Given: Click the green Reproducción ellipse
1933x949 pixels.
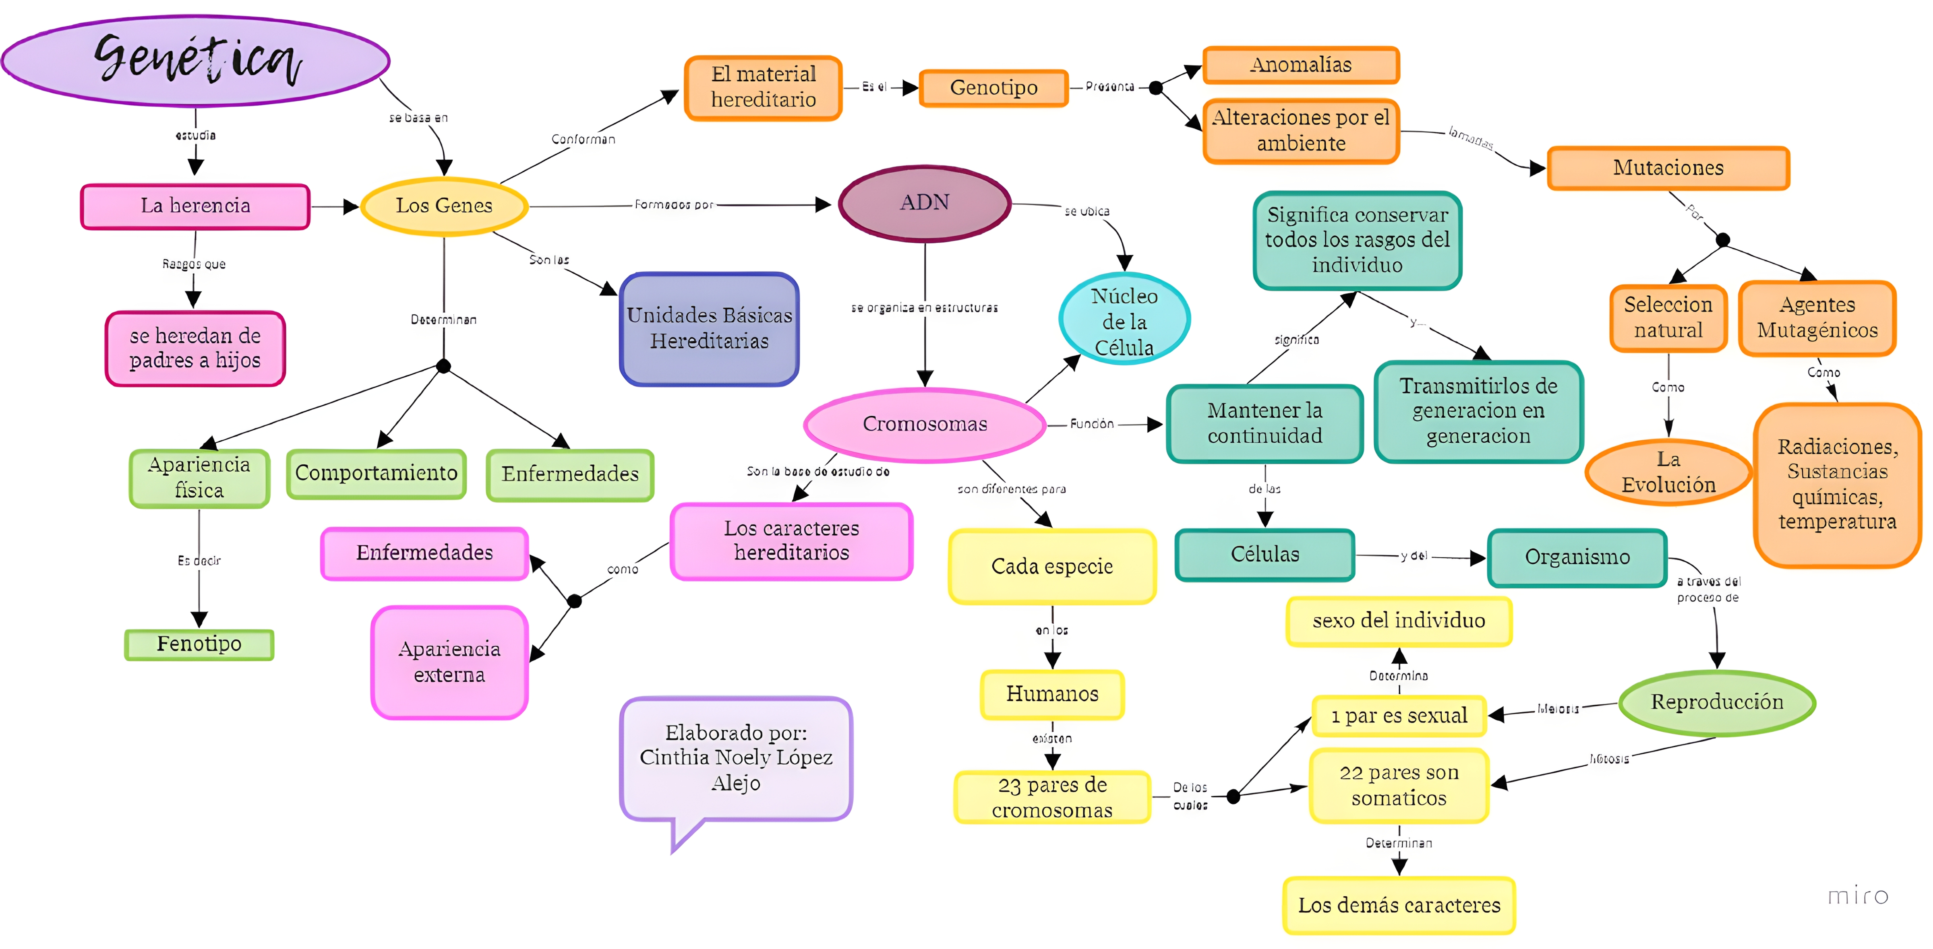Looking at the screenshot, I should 1717,702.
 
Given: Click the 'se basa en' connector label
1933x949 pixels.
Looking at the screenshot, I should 418,118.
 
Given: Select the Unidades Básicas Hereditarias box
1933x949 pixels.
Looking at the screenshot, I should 709,328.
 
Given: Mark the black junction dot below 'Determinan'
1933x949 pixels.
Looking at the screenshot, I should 443,366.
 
